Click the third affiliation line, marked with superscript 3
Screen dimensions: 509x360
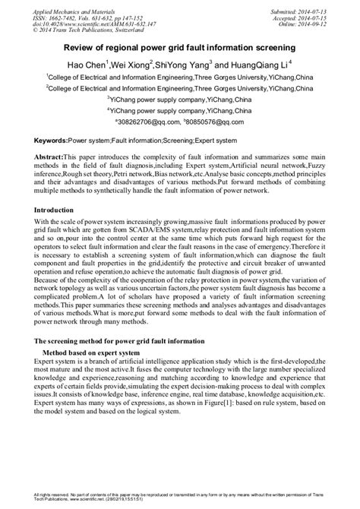point(179,98)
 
